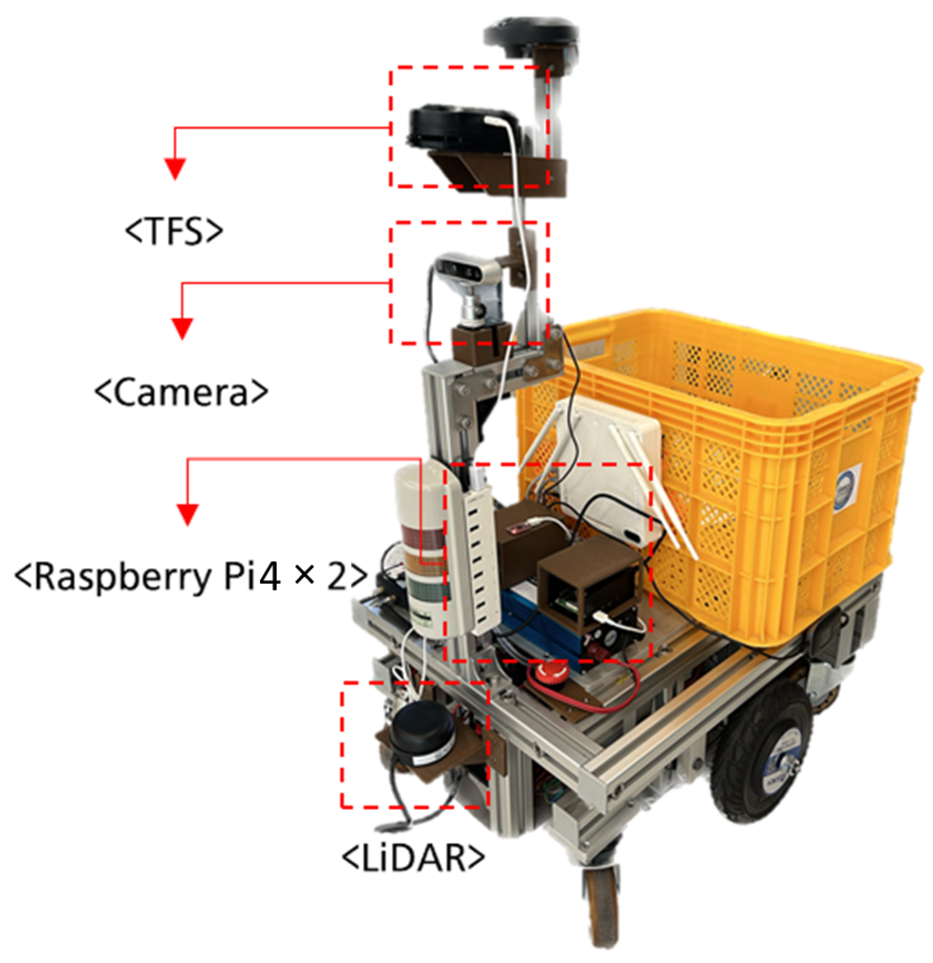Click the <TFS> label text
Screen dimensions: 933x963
[x=174, y=231]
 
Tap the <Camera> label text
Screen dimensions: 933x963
[x=181, y=392]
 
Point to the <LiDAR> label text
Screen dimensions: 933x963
[x=413, y=858]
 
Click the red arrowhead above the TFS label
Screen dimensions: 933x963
[x=175, y=169]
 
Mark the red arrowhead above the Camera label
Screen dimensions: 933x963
[x=182, y=328]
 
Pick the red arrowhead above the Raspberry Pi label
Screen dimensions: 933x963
[x=187, y=515]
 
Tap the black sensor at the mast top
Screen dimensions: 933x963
[x=531, y=34]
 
